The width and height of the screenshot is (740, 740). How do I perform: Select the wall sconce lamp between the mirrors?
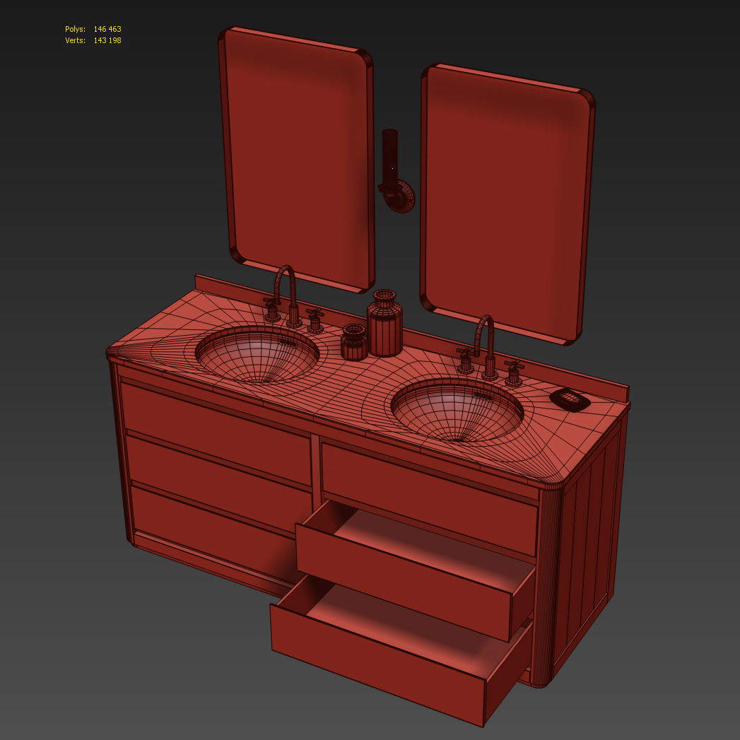(x=393, y=173)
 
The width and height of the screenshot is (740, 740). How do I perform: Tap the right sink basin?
(x=457, y=410)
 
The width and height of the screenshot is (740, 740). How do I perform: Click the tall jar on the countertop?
(x=385, y=325)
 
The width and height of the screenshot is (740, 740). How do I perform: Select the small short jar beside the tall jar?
(x=353, y=343)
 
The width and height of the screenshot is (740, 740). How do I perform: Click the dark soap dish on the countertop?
(x=570, y=399)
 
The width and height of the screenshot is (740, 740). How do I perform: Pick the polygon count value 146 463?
(x=107, y=29)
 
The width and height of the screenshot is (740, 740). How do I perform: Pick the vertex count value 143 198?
(x=107, y=40)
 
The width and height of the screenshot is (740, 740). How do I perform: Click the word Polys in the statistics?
(x=75, y=29)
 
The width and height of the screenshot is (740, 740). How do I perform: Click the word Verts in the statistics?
(x=75, y=40)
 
